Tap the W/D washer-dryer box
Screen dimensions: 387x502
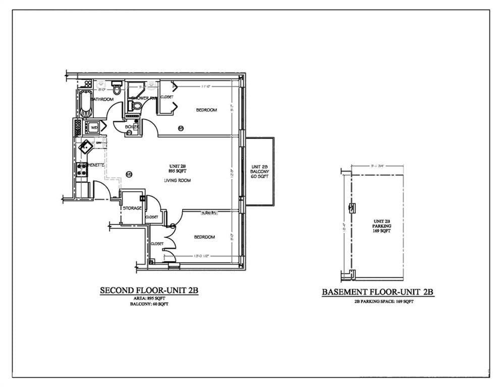pyautogui.click(x=94, y=128)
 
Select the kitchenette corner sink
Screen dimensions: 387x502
pyautogui.click(x=85, y=147)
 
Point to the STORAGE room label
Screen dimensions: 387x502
pyautogui.click(x=132, y=208)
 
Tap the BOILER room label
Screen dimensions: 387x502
pyautogui.click(x=132, y=127)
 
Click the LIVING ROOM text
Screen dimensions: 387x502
pyautogui.click(x=177, y=180)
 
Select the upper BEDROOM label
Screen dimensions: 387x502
pyautogui.click(x=206, y=110)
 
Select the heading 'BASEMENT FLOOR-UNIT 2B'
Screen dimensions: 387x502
pyautogui.click(x=378, y=292)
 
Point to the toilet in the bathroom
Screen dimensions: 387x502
pyautogui.click(x=117, y=90)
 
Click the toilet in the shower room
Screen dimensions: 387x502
pyautogui.click(x=134, y=106)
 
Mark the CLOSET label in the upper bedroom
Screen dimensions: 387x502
pyautogui.click(x=166, y=97)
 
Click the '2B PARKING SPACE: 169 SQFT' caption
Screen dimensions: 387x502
pyautogui.click(x=378, y=301)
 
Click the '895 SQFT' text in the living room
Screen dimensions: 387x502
pyautogui.click(x=178, y=172)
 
